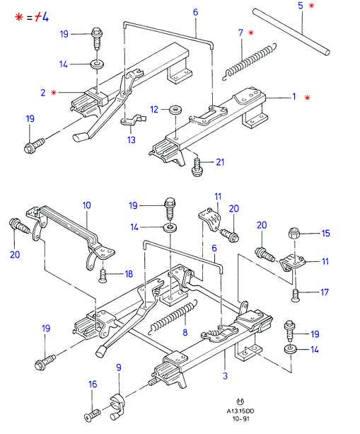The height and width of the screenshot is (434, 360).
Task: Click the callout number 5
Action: (301, 6)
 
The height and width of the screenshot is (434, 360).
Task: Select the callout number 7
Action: (240, 33)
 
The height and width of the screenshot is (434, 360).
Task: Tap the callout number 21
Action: (220, 162)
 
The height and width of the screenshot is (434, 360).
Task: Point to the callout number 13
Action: (132, 139)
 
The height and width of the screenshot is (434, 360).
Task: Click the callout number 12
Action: (154, 110)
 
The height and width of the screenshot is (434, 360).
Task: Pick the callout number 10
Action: (86, 205)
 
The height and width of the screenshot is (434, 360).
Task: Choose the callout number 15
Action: (326, 234)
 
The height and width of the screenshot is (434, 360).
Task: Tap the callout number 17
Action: (325, 292)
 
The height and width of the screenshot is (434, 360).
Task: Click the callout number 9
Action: (119, 367)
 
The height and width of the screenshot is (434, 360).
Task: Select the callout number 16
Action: (93, 384)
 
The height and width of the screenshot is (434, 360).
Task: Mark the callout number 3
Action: (225, 376)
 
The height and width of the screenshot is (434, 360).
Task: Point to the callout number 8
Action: (185, 332)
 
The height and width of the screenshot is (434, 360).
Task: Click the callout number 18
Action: (129, 274)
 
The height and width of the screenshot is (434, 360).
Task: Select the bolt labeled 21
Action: (197, 168)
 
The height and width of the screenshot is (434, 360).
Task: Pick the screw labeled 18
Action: (103, 276)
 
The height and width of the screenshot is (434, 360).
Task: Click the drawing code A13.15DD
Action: (240, 411)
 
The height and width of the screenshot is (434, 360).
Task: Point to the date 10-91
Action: (240, 418)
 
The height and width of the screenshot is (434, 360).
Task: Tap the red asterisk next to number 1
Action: (307, 98)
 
